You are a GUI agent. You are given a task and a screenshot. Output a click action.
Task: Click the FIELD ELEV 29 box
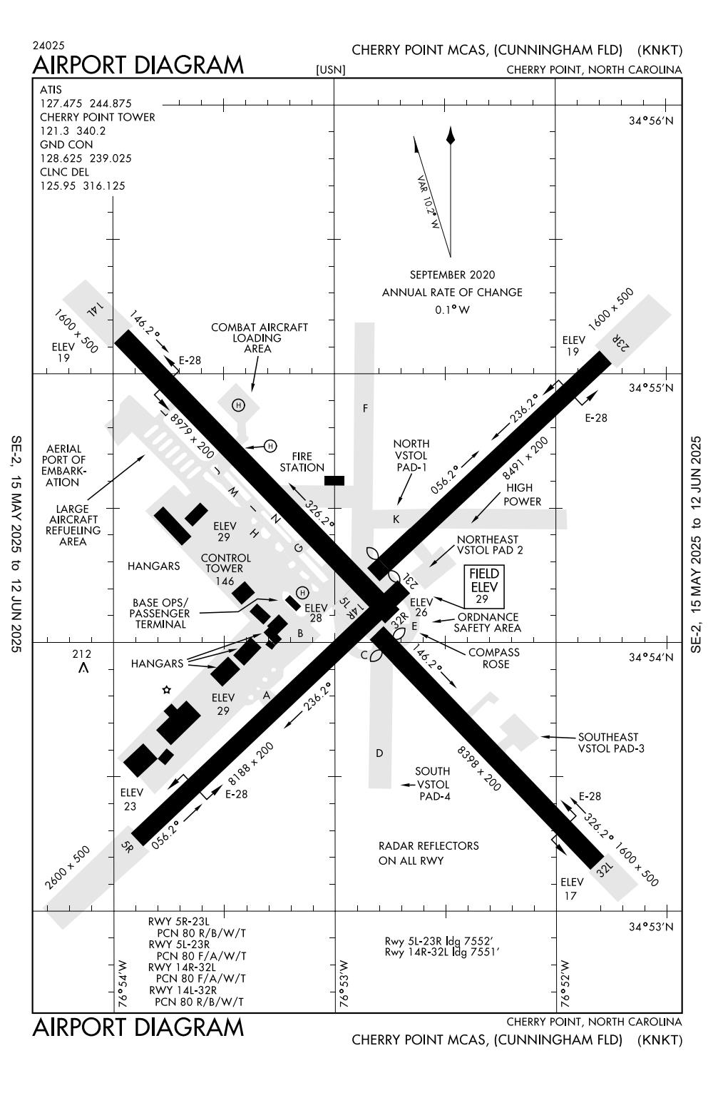484,586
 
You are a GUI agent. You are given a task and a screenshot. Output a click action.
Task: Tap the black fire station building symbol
334,480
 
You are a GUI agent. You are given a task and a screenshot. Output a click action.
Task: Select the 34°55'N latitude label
650,388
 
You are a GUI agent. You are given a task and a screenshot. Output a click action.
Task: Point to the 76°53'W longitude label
345,983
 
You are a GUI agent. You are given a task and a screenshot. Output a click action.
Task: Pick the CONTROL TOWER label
225,563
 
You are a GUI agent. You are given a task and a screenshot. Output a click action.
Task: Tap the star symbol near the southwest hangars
167,689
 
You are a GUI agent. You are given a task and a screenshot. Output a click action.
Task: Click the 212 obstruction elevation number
82,654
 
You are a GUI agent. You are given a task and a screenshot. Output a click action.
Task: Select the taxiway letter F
365,408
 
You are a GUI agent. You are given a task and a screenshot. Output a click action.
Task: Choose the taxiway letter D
379,753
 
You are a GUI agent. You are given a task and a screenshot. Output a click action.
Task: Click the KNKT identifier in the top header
660,50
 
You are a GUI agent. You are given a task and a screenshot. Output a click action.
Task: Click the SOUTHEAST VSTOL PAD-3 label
608,743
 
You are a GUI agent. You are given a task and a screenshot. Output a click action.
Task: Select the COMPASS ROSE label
494,658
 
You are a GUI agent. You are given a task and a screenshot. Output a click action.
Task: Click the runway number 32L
605,868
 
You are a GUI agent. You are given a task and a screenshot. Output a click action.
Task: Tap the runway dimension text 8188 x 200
251,764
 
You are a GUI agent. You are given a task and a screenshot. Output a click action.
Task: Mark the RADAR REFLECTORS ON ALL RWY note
429,853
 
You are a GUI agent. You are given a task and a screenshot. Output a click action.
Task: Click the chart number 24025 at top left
48,46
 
